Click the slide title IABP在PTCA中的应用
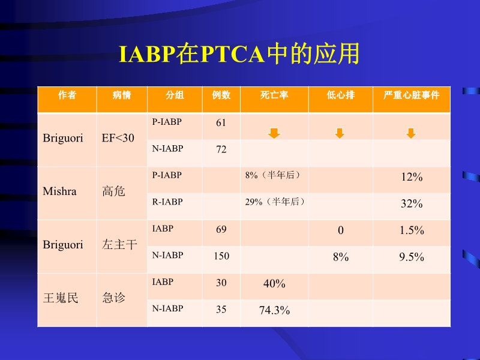tap(239, 54)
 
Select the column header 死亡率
tap(274, 95)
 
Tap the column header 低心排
tap(340, 95)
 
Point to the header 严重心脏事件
tap(411, 95)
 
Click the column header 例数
tap(221, 95)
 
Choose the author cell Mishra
tap(59, 192)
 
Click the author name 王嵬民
tap(61, 298)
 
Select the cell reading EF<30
tap(118, 138)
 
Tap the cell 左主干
tap(120, 245)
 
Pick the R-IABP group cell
tap(167, 202)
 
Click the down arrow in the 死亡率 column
tap(274, 133)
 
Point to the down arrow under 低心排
tap(340, 133)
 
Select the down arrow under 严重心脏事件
tap(411, 133)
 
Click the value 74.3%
tap(274, 310)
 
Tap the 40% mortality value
tap(274, 284)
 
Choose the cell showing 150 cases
tap(221, 256)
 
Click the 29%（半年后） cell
tap(275, 202)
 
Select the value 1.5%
tap(412, 230)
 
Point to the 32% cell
tap(412, 204)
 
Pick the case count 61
tap(221, 123)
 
